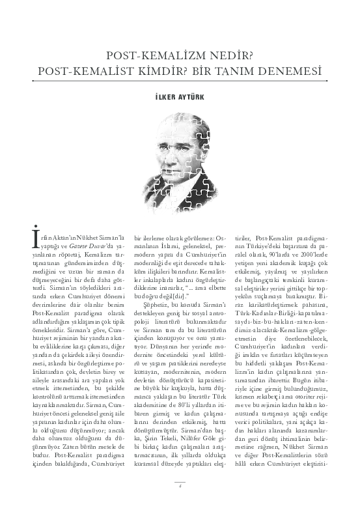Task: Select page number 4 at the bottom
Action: [x=180, y=485]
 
